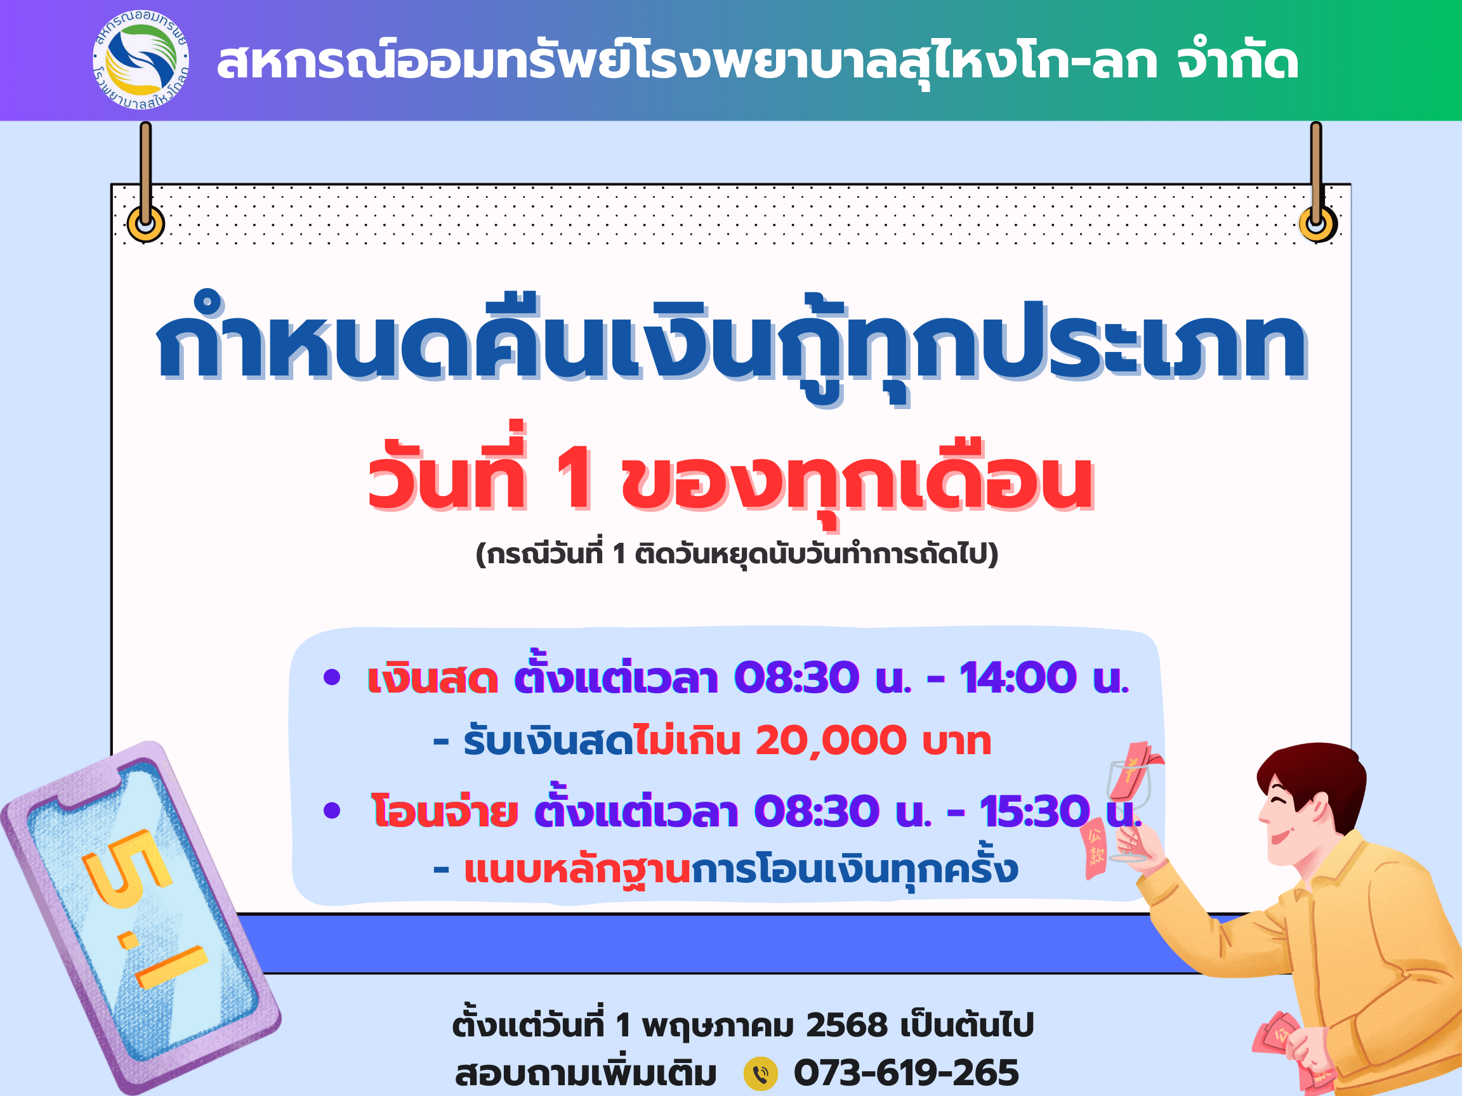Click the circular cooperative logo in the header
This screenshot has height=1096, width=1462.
click(141, 60)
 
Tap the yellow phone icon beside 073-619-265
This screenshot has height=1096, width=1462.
click(761, 1073)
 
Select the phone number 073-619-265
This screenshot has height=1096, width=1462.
click(906, 1073)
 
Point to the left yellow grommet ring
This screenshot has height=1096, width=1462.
click(145, 223)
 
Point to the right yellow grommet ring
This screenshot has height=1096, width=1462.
click(1317, 224)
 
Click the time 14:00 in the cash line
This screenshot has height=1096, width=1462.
click(1018, 677)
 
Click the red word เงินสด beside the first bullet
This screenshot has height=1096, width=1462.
click(433, 678)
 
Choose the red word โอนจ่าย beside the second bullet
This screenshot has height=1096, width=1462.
click(444, 810)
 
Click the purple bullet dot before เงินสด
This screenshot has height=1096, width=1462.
click(332, 677)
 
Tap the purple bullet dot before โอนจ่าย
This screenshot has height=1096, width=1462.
click(332, 811)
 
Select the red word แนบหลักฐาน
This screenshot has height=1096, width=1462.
click(577, 870)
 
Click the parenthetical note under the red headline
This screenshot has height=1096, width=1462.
click(737, 553)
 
